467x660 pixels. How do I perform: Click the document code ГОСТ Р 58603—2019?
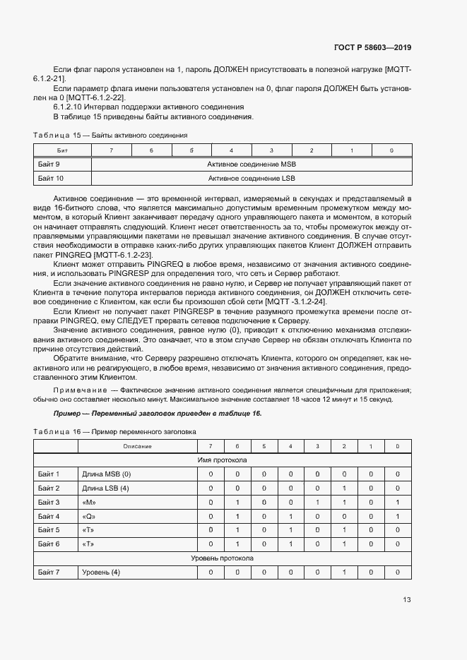[372, 47]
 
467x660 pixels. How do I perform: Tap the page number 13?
[406, 600]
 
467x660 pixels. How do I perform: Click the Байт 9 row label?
[49, 164]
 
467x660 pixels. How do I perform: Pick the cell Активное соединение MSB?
[252, 164]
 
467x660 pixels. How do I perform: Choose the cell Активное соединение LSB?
[252, 179]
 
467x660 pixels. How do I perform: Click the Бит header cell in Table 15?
[62, 150]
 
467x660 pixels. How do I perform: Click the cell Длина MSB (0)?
[107, 474]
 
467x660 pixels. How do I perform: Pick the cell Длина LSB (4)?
[106, 488]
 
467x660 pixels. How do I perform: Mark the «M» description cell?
[89, 502]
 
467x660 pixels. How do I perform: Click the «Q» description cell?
[89, 516]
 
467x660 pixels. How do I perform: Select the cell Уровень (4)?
[102, 572]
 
